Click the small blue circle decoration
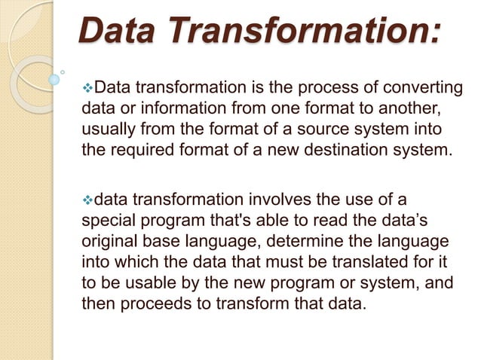[54, 78]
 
